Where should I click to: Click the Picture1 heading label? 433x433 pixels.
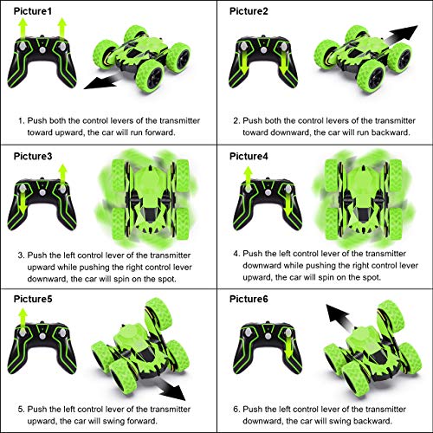coord(33,11)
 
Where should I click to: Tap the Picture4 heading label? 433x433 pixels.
coord(249,156)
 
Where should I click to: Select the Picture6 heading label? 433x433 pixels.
coord(249,299)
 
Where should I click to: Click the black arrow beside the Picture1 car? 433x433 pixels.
coord(101,81)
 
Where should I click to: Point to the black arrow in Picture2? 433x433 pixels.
coord(401,35)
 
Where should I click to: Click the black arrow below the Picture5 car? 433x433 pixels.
coord(171,390)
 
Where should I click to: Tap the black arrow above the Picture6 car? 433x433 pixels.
coord(339,318)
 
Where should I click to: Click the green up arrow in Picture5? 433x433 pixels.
coord(23,319)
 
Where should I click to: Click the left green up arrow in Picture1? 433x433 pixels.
coord(23,29)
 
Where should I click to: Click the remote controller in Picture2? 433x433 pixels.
coord(263,62)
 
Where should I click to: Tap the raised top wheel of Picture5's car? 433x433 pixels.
coord(158,315)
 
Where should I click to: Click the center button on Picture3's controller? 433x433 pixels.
coord(42,192)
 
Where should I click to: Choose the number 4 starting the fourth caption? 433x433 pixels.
coord(236,254)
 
